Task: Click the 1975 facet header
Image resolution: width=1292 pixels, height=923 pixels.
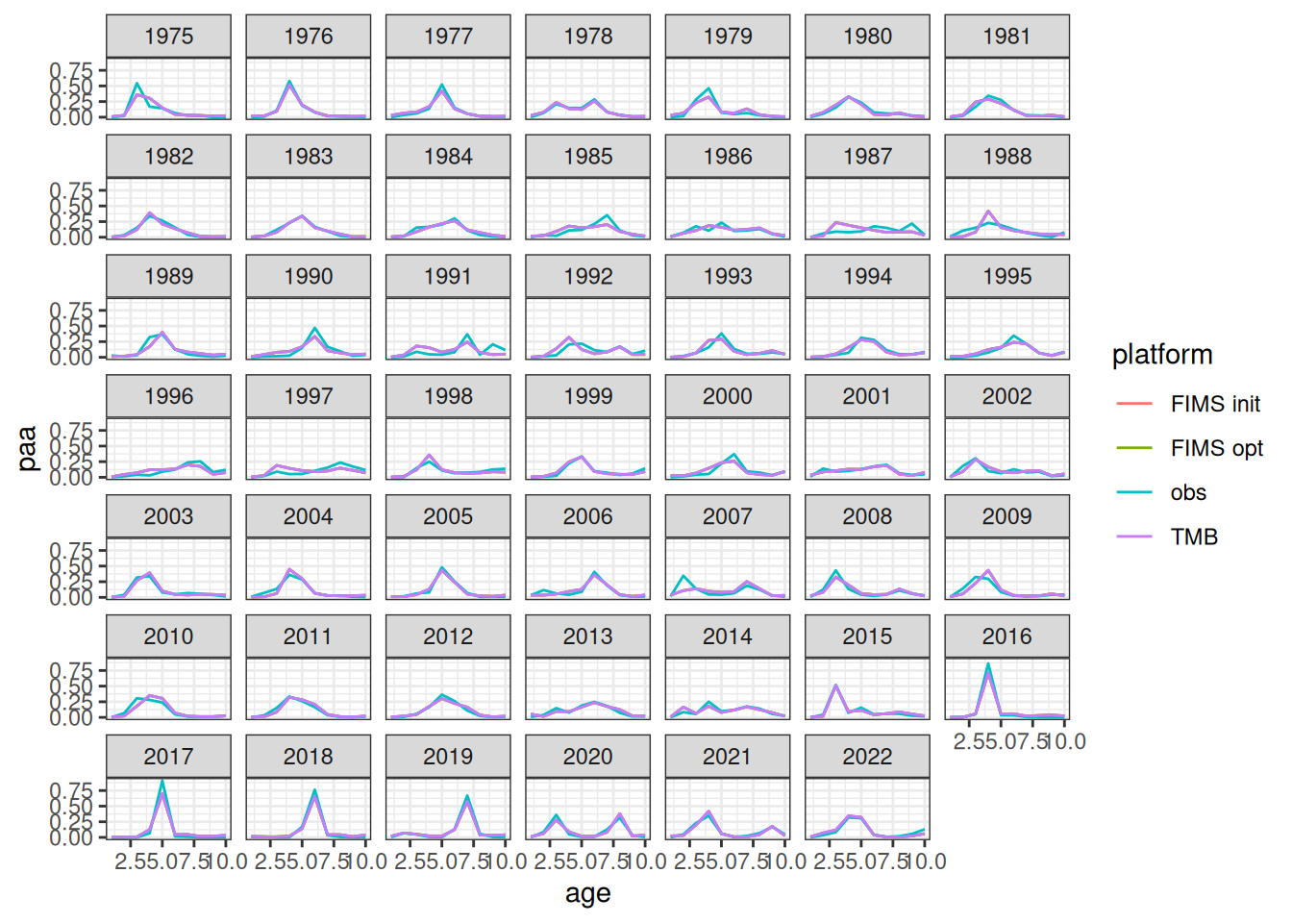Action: click(168, 37)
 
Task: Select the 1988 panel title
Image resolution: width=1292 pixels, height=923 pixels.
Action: click(1006, 157)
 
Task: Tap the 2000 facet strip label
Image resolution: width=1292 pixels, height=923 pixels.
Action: click(727, 396)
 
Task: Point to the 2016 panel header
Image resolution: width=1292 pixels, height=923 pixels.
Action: click(1006, 636)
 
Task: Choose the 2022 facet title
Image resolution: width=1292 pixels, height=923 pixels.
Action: click(867, 757)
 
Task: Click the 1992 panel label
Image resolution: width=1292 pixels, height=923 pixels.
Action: click(587, 277)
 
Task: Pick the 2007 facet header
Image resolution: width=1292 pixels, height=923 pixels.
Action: click(727, 516)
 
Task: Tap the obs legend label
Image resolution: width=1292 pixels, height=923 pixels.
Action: click(1188, 492)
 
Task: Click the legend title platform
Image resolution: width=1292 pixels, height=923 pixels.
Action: click(1161, 355)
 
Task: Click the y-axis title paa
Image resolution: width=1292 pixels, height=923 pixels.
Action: click(27, 448)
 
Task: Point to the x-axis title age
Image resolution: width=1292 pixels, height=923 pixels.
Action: click(587, 893)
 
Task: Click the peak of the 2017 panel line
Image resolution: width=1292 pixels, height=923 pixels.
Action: click(162, 782)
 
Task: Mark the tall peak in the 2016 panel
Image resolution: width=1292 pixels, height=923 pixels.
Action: click(988, 664)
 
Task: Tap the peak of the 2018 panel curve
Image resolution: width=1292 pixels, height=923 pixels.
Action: click(314, 791)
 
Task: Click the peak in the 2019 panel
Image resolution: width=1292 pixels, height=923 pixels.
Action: click(467, 796)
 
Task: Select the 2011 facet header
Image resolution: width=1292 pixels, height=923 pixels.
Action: click(308, 636)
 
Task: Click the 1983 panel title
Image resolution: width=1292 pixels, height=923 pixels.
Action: click(308, 157)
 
